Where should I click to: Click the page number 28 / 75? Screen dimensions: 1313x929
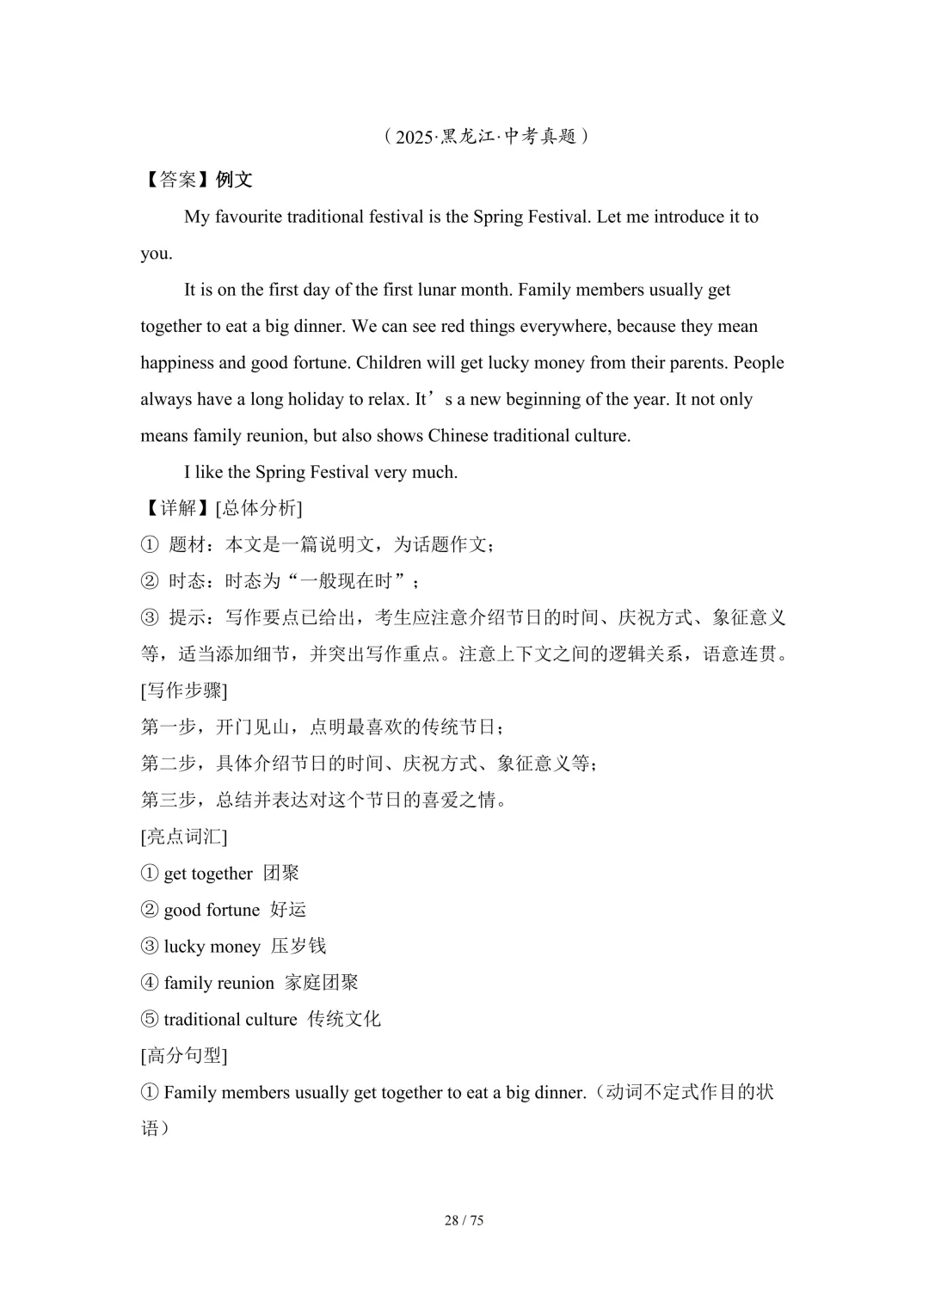click(x=464, y=1220)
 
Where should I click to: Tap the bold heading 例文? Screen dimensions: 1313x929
click(x=234, y=180)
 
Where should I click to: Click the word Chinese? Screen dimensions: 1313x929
click(x=458, y=436)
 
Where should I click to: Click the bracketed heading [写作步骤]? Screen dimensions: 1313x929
click(x=184, y=690)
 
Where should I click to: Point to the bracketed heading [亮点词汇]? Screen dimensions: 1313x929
click(x=184, y=837)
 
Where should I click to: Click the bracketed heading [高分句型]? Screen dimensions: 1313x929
click(x=184, y=1056)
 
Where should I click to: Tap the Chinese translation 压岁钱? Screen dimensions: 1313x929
click(x=298, y=947)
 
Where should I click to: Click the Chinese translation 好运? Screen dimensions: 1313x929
click(x=288, y=910)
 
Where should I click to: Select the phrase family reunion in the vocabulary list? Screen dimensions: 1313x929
click(x=218, y=983)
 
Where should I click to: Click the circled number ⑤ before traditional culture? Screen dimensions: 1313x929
click(x=150, y=1020)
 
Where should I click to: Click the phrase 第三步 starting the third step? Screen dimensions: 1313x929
click(x=169, y=801)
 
